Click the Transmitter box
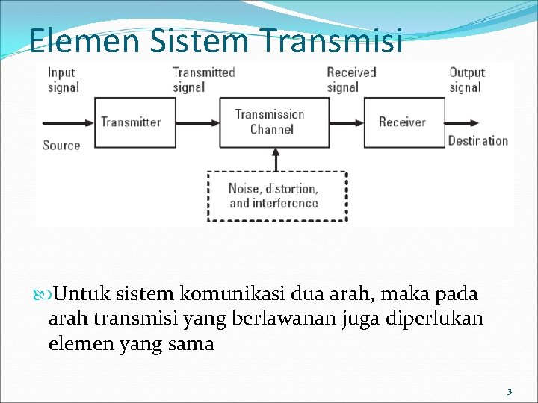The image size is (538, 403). pos(130,122)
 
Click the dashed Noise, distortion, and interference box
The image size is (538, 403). pos(276,196)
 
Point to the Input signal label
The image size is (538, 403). pos(63,80)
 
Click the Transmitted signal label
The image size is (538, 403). pos(203,80)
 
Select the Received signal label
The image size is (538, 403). pos(350,80)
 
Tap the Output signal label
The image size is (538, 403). pos(466,80)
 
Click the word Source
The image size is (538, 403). pos(61,145)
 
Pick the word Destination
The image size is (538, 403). pos(477,140)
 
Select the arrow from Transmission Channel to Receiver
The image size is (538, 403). pos(346,122)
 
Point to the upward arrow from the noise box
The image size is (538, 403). pos(276,159)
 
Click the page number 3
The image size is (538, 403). pos(509,391)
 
